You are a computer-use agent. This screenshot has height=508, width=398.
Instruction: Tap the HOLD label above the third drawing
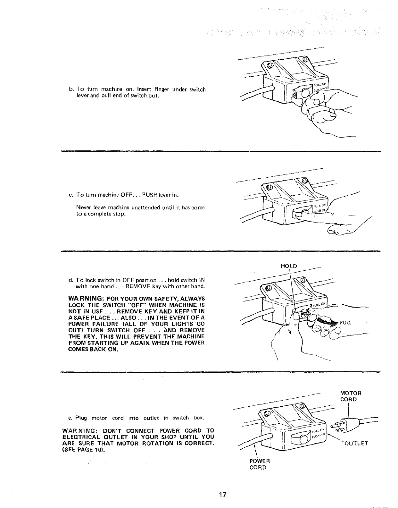point(289,266)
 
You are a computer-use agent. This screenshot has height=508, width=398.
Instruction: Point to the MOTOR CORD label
point(351,396)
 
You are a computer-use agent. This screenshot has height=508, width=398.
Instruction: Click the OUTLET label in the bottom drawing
point(356,444)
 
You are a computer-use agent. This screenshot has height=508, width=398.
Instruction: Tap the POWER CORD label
point(258,464)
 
